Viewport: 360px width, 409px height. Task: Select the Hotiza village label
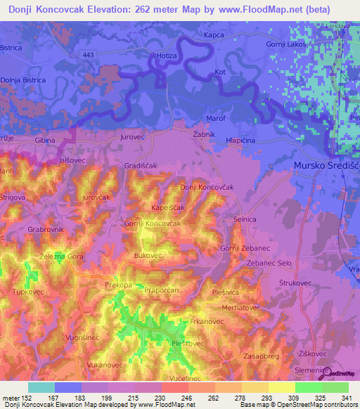[x=166, y=56]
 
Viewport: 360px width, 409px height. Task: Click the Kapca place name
[x=214, y=34]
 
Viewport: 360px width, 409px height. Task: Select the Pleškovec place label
[x=188, y=344]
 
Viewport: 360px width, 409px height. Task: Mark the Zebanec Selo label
[x=269, y=263]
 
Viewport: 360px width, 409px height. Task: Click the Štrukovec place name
[x=295, y=284]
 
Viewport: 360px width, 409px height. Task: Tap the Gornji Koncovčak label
[x=153, y=223]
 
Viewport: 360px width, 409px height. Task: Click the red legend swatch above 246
[x=174, y=387]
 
